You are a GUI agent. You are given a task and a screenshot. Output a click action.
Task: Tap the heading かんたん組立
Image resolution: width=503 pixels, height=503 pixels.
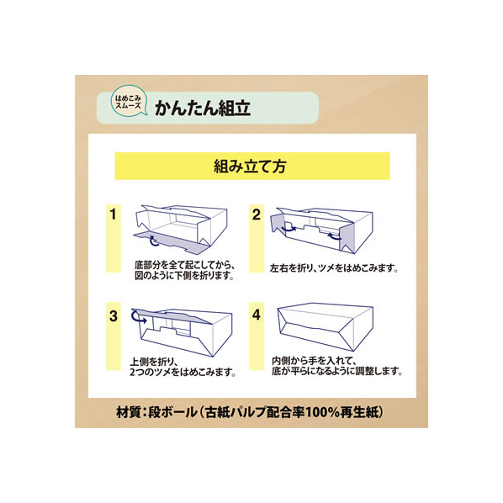[202, 109]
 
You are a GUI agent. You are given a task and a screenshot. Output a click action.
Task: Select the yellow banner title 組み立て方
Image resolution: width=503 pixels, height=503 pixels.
[250, 167]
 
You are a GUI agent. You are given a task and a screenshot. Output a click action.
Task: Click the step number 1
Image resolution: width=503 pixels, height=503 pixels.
[113, 214]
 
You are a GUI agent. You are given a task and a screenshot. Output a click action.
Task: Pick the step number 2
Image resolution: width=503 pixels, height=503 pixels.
[257, 214]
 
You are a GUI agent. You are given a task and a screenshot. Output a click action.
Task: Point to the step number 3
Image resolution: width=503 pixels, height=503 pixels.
[114, 316]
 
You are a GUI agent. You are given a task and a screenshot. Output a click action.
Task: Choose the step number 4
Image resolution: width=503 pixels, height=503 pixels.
[257, 315]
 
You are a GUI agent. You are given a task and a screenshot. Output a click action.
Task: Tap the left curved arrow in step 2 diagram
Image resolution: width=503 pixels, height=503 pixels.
[288, 229]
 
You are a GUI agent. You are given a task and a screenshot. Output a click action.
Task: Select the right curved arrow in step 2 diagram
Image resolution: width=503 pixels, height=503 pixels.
[334, 236]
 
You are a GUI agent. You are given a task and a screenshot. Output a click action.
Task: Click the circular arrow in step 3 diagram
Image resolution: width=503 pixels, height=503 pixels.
[138, 316]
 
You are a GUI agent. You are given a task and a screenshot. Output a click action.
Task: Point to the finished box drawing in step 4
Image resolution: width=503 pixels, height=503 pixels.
[326, 326]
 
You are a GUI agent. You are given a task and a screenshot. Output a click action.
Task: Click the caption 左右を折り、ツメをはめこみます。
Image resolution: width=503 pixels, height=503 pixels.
[334, 268]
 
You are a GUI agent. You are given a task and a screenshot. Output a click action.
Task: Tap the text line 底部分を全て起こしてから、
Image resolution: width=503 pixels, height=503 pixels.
[185, 266]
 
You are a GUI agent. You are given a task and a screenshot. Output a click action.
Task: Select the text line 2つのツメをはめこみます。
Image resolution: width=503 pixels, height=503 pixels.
[183, 373]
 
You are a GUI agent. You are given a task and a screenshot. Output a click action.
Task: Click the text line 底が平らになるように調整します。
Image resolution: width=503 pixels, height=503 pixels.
[336, 372]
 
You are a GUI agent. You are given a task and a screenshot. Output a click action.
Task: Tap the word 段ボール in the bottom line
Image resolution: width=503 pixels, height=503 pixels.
[172, 412]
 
